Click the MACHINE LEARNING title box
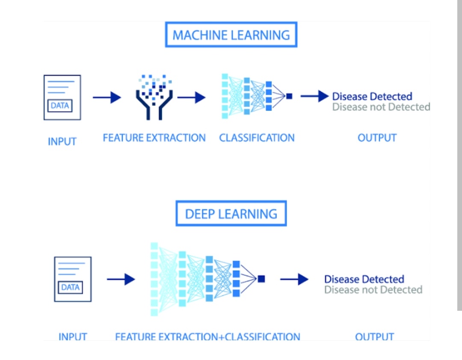point(231,35)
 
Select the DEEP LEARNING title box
point(231,214)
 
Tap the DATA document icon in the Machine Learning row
point(62,98)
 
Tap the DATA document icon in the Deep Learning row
point(73,279)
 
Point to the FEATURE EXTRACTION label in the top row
point(154,138)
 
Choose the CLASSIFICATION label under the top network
point(257,138)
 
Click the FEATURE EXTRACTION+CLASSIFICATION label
point(207,337)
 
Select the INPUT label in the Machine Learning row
point(62,141)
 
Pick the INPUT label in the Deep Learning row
point(73,337)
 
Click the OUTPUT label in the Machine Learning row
point(377,138)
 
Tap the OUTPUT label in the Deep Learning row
point(374,337)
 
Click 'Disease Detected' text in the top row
point(372,96)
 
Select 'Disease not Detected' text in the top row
point(381,107)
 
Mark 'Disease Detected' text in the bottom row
point(364,279)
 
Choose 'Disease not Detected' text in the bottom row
point(373,290)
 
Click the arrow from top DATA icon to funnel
point(107,98)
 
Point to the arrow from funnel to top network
point(191,98)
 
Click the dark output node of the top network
point(289,96)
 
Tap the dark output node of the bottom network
point(261,279)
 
